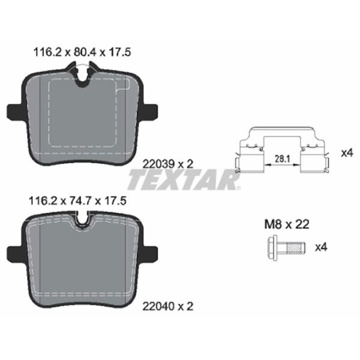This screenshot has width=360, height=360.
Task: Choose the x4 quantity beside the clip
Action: tap(347, 152)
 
